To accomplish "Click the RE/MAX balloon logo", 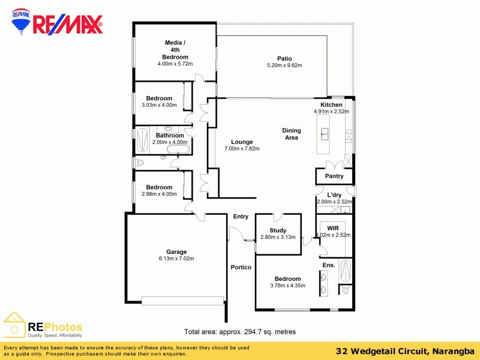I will (x=22, y=22).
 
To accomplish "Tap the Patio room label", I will (x=284, y=58).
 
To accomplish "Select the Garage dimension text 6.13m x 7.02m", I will (x=176, y=259).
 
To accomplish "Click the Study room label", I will (x=278, y=230).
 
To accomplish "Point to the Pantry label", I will (x=334, y=176).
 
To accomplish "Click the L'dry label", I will (x=334, y=195).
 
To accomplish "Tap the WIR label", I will (x=332, y=228).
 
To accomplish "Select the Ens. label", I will (x=328, y=265).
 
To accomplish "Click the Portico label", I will (x=241, y=267).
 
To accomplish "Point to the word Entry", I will (x=241, y=217).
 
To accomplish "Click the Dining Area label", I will (x=292, y=134).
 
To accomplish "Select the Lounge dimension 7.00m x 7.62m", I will (x=242, y=149).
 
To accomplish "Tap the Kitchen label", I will (x=331, y=104).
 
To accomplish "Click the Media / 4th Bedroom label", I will (x=175, y=50).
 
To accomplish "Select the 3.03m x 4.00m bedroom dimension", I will (x=159, y=105).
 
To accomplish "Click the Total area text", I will (x=239, y=331).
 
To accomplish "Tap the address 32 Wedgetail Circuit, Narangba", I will (x=406, y=351).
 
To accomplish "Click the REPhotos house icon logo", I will (x=14, y=325).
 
